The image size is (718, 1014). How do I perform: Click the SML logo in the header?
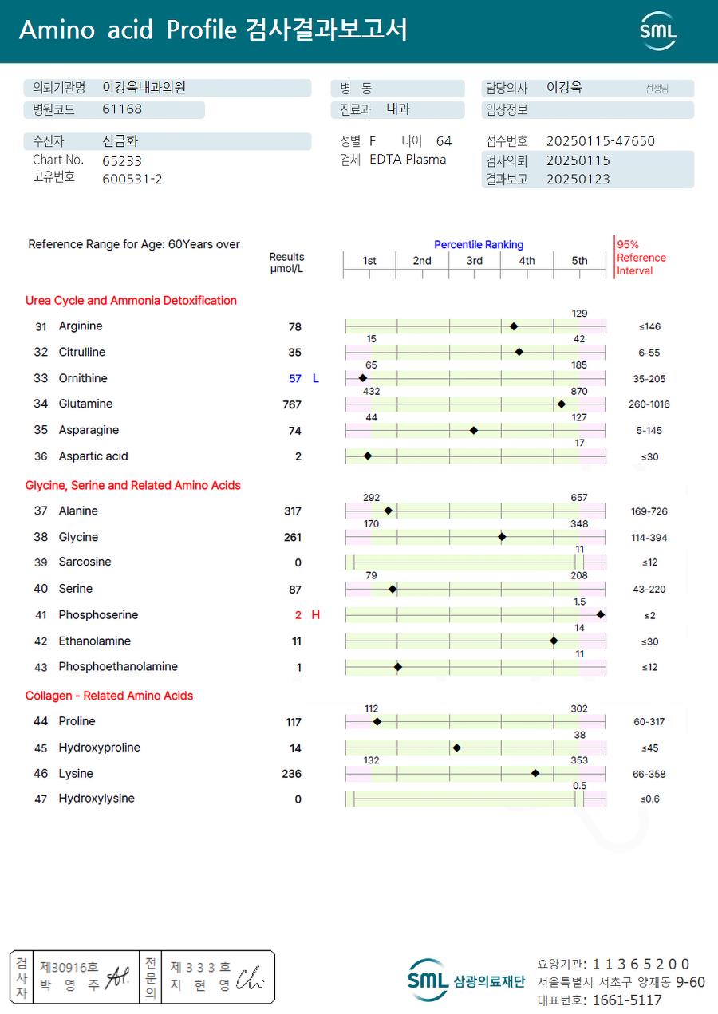tap(658, 31)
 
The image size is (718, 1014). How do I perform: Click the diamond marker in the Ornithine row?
tap(363, 378)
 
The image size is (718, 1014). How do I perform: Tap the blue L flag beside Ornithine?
tap(316, 378)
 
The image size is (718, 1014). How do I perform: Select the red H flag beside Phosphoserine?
tap(316, 615)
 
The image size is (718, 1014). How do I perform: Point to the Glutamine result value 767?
tap(292, 404)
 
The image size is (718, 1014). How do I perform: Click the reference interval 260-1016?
tap(649, 404)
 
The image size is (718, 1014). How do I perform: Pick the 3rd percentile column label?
tap(474, 261)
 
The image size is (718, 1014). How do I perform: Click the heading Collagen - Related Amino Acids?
tap(109, 696)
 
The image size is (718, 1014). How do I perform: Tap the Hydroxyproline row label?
tap(99, 748)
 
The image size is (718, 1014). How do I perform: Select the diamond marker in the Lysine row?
tap(535, 773)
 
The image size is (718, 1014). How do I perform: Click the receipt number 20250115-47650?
tap(601, 141)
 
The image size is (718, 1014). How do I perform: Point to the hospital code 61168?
tap(122, 109)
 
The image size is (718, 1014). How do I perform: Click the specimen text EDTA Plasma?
tap(408, 160)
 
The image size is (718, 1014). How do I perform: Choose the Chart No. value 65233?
tap(122, 160)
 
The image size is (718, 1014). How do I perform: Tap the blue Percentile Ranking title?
tap(479, 244)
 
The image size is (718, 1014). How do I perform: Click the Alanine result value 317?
tap(293, 511)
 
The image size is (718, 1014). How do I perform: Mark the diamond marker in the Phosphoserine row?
tap(601, 614)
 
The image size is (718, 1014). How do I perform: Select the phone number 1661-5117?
tap(622, 1000)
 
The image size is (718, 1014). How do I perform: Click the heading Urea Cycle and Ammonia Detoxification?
tap(131, 301)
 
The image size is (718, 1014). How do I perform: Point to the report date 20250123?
tap(578, 180)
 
